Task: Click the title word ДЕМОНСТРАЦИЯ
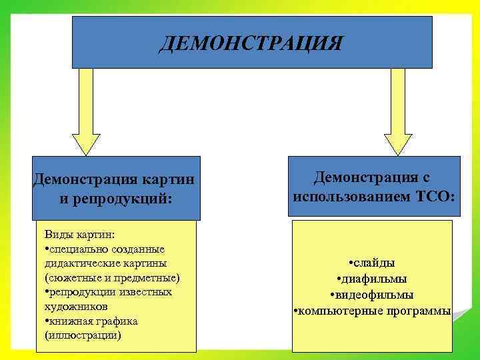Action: pos(252,44)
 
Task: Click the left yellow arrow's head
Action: pos(86,143)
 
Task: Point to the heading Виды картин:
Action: pos(79,236)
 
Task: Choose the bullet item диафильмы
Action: pos(373,279)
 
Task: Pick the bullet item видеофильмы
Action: pos(373,295)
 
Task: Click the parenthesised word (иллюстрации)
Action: pos(83,335)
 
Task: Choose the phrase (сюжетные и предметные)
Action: pos(111,277)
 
